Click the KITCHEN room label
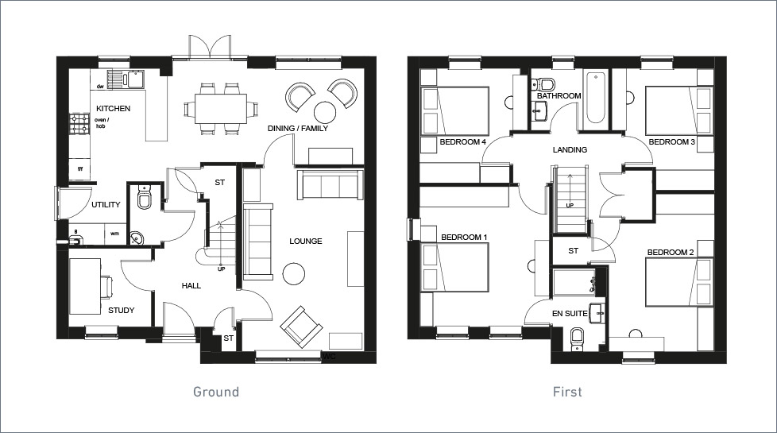(113, 108)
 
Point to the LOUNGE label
(305, 242)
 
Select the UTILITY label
(106, 205)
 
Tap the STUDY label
(121, 311)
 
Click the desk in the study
(85, 285)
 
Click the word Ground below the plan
(216, 392)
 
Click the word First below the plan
(567, 392)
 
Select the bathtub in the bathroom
(596, 99)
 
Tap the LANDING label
(570, 150)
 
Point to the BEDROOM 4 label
(462, 142)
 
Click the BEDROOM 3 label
(671, 142)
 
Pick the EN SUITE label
(570, 314)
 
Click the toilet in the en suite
(578, 339)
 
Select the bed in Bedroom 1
(456, 268)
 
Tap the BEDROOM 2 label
(671, 253)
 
